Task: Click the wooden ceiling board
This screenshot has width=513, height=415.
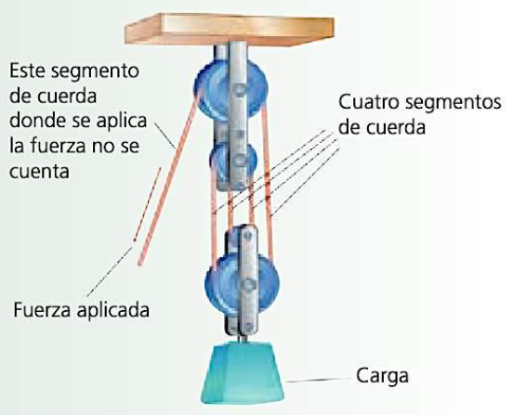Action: tap(230, 30)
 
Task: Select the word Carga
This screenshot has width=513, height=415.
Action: tap(382, 376)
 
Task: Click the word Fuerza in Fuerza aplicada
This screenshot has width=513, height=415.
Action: tap(42, 309)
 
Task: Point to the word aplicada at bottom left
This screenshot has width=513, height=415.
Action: tap(113, 309)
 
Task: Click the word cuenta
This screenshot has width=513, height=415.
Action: tap(39, 171)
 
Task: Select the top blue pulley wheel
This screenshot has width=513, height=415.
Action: tap(231, 89)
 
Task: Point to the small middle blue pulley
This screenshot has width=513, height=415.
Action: tap(233, 161)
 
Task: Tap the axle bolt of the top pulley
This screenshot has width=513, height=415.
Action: tap(241, 89)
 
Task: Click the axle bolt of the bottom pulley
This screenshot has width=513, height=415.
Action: tap(249, 285)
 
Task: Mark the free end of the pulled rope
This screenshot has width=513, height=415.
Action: tap(140, 262)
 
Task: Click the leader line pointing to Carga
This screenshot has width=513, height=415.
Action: tap(320, 380)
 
